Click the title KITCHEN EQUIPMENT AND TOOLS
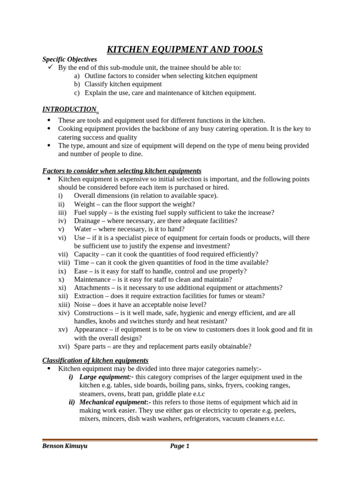[185, 50]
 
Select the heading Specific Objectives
[69, 60]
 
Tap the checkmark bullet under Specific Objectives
[51, 67]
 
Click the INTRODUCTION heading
[69, 109]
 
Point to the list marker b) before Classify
[77, 84]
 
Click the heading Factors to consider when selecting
[122, 171]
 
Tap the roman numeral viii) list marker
[64, 262]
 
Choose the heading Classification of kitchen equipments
[95, 360]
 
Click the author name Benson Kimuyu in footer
[65, 446]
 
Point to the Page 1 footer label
[180, 446]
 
